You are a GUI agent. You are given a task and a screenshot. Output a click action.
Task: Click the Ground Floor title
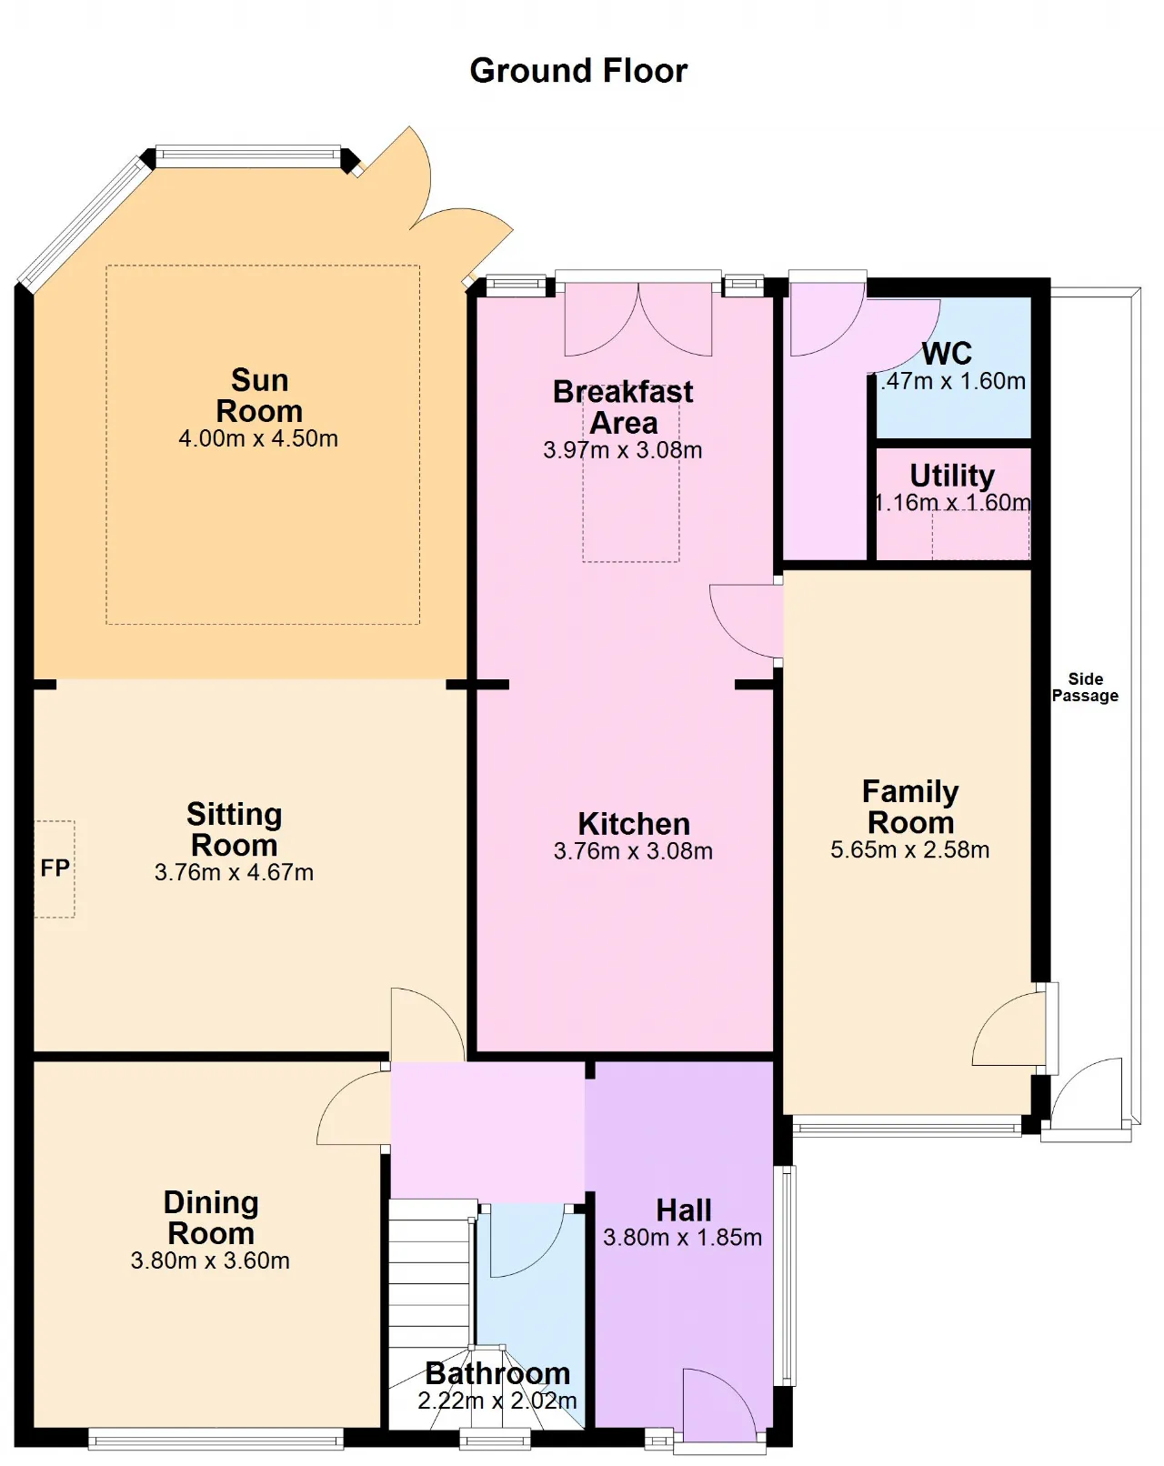pyautogui.click(x=578, y=71)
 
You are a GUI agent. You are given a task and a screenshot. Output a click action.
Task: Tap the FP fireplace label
pyautogui.click(x=55, y=868)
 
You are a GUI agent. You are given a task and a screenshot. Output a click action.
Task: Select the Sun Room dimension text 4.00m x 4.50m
pyautogui.click(x=258, y=438)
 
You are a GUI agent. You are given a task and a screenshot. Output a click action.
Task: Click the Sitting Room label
pyautogui.click(x=235, y=829)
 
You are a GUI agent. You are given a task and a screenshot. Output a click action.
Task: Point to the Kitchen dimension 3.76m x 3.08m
pyautogui.click(x=634, y=851)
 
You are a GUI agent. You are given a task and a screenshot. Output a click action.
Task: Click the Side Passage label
pyautogui.click(x=1085, y=688)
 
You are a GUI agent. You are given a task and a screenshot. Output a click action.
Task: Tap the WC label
pyautogui.click(x=947, y=354)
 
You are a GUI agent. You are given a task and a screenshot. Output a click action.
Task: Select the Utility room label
pyautogui.click(x=952, y=476)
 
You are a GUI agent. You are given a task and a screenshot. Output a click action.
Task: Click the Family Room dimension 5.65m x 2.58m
pyautogui.click(x=910, y=849)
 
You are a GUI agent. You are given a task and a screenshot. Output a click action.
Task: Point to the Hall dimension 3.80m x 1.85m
pyautogui.click(x=682, y=1237)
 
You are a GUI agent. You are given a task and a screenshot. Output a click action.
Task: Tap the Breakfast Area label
pyautogui.click(x=623, y=407)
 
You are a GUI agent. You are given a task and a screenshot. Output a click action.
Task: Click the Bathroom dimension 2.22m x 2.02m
pyautogui.click(x=497, y=1401)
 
